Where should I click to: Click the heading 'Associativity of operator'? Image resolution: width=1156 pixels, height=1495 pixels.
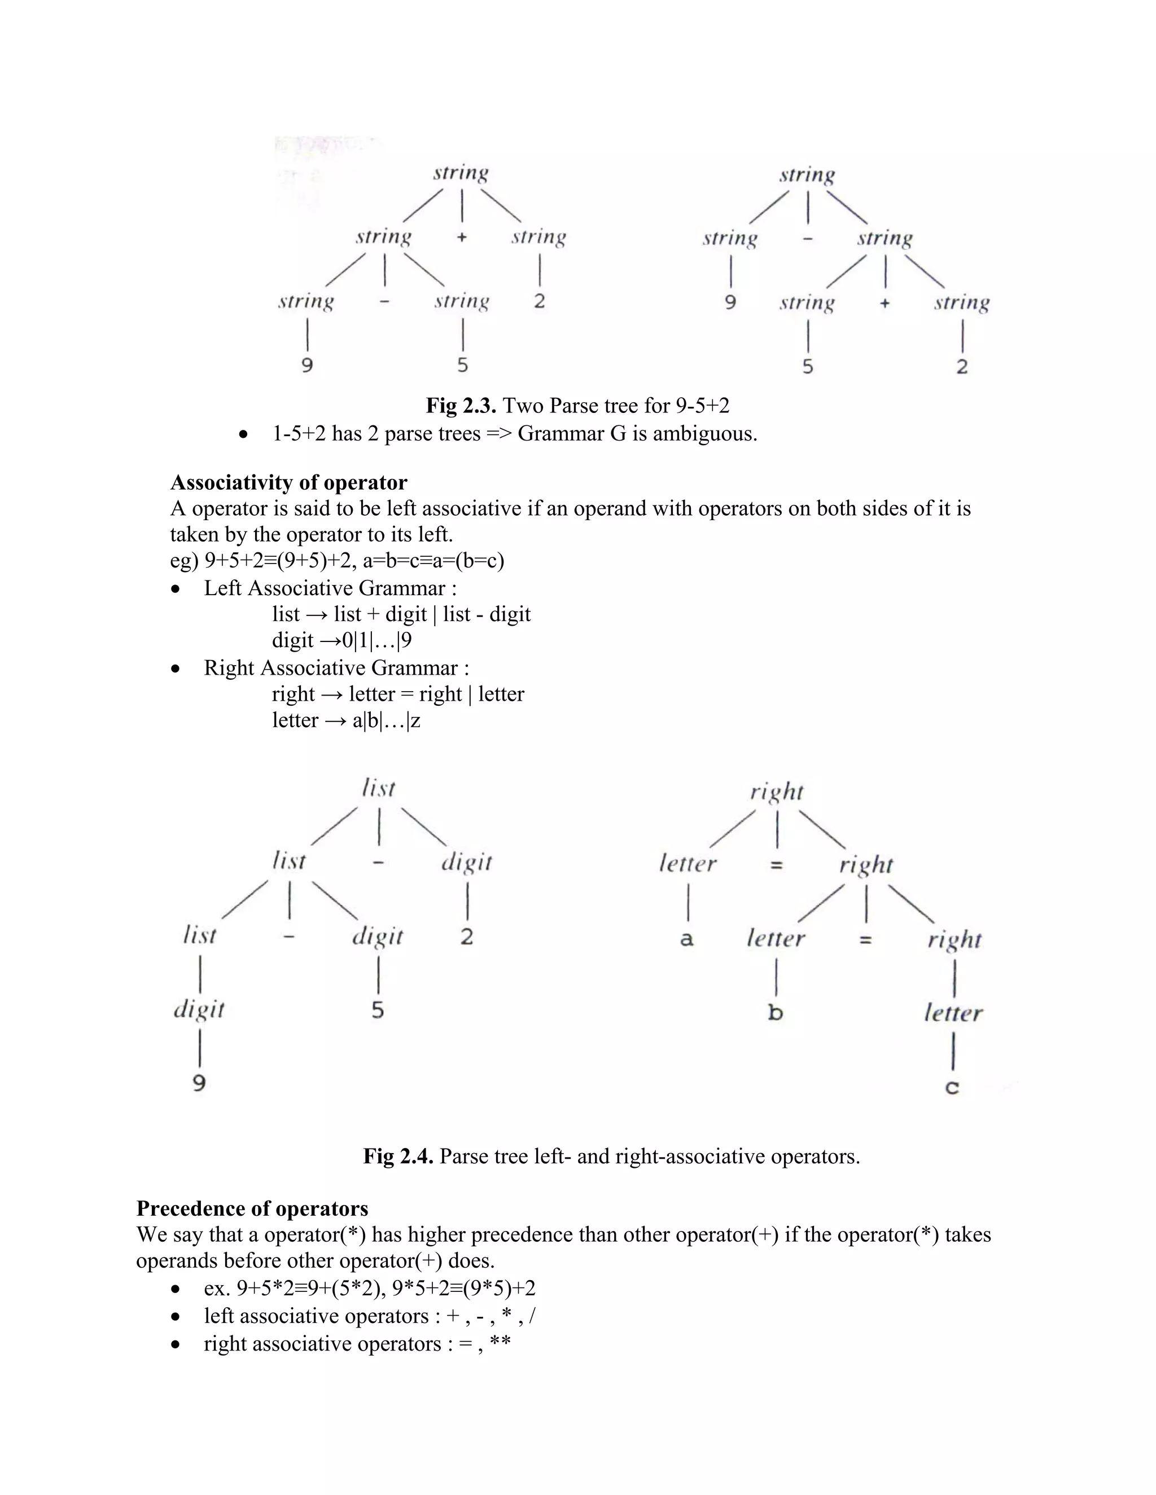tap(288, 482)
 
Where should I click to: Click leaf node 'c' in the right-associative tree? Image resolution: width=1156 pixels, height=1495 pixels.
tap(952, 1087)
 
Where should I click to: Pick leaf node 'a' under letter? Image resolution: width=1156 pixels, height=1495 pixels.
tap(687, 939)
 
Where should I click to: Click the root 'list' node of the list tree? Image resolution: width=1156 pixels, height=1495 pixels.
tap(379, 789)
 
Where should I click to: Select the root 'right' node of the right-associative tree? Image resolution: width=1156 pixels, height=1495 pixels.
tap(777, 792)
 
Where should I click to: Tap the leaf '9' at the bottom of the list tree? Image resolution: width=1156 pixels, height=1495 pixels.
tap(199, 1083)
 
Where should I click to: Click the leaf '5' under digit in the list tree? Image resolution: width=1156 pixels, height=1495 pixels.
tap(378, 1010)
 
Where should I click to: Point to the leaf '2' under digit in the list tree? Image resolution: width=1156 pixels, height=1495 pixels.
tap(467, 936)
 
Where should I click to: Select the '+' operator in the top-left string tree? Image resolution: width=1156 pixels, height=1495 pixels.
tap(462, 238)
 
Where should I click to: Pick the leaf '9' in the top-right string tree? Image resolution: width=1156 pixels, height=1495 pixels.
tap(731, 302)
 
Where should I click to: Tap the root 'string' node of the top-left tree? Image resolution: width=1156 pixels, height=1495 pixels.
tap(461, 173)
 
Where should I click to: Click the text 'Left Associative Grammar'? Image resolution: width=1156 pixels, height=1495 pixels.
tap(324, 588)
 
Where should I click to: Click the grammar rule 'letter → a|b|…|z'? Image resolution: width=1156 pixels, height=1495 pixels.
tap(346, 721)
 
